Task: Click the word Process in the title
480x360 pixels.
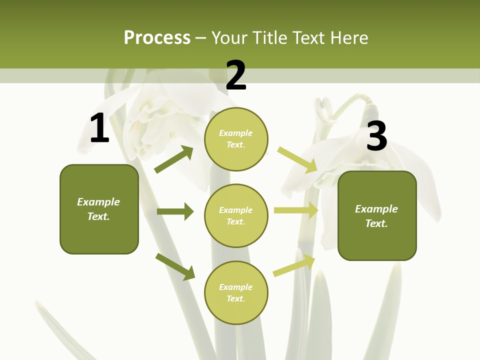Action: (157, 38)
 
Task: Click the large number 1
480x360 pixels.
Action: (99, 129)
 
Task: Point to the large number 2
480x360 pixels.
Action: (236, 76)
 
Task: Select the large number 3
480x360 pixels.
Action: (376, 136)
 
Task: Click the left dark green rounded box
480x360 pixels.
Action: (99, 209)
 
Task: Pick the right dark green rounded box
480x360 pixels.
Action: (377, 215)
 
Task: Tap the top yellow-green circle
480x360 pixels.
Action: (236, 139)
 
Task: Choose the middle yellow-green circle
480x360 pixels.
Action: (236, 215)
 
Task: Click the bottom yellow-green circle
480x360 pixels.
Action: (236, 292)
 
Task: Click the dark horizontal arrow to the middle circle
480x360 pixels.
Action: (175, 211)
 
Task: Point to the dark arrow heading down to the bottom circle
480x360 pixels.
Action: (175, 266)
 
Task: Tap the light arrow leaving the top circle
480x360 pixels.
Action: (297, 160)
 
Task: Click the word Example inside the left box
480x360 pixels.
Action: (98, 202)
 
